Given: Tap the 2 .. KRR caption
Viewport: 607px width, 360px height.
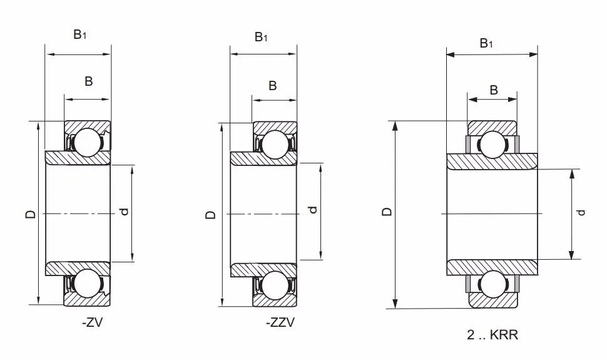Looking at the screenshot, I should coord(492,336).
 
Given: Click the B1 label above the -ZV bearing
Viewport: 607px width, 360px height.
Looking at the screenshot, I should coord(79,35).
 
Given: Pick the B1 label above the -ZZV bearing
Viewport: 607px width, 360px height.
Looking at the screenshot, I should coord(261,37).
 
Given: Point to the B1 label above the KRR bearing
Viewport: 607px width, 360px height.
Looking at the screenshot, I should coord(486,43).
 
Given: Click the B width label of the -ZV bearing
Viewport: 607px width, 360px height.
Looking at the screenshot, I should coord(89,81).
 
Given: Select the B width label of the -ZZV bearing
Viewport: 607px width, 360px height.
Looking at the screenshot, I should coord(272,86).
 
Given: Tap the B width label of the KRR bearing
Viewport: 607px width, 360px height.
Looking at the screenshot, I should coord(494,90).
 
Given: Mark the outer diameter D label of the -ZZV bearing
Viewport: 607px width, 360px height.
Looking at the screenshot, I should coord(211,214).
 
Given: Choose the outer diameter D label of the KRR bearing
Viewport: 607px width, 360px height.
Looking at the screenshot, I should coord(387,212).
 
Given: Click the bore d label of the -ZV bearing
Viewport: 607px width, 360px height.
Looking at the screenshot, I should coord(125,212).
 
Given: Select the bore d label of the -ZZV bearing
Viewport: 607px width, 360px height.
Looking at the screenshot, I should coord(313,210).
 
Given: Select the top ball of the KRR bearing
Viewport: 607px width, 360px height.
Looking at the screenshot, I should coord(492,144).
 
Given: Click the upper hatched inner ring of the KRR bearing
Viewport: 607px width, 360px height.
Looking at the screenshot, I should coord(492,161).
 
